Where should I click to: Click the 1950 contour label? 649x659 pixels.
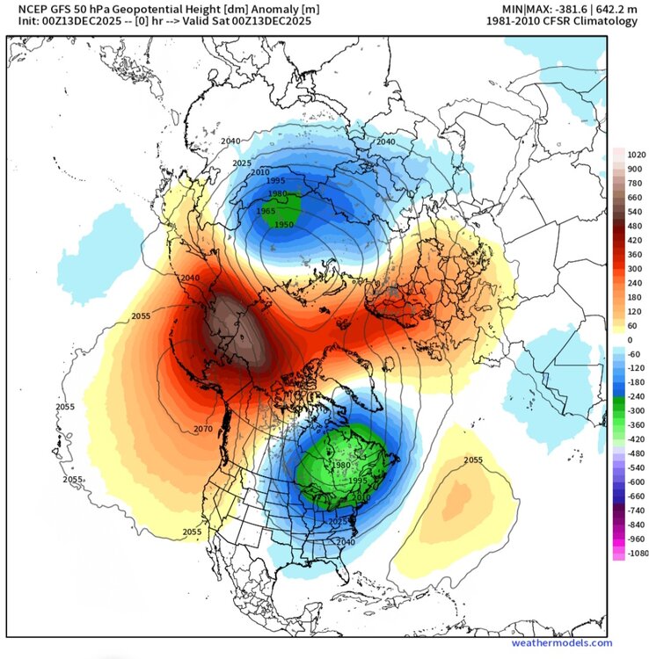[284, 226]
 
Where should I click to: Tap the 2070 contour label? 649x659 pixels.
[203, 429]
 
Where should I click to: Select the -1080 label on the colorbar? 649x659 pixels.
[630, 553]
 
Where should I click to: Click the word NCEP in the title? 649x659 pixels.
[23, 8]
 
